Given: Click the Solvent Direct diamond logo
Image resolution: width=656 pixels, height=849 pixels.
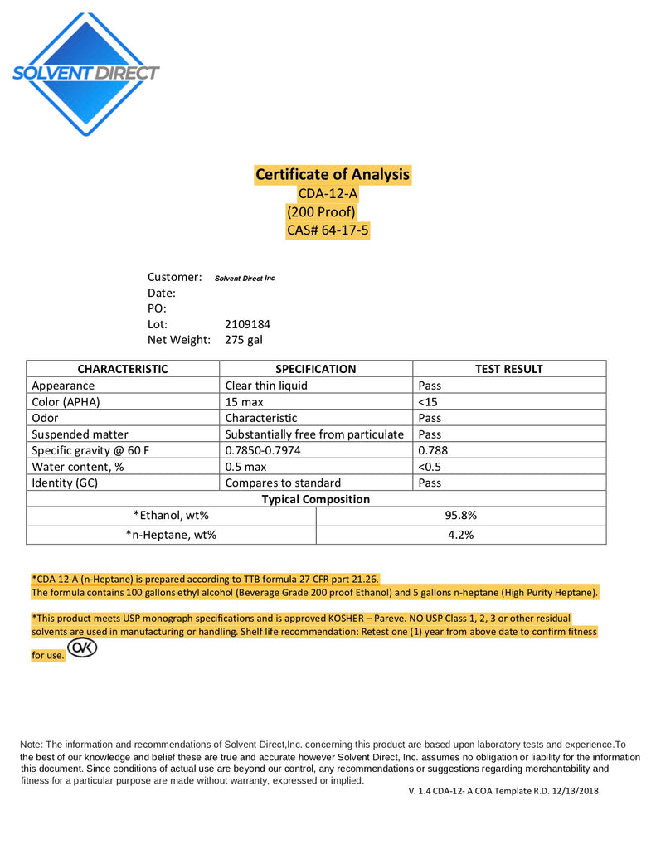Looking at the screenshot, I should [85, 73].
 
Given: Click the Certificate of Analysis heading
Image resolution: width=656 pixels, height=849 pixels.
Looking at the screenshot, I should [332, 174].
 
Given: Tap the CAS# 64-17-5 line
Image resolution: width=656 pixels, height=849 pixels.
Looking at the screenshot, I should [328, 230].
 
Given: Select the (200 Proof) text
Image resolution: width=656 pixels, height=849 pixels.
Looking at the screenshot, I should [321, 211].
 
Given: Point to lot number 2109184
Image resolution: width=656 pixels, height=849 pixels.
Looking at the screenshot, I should [247, 324].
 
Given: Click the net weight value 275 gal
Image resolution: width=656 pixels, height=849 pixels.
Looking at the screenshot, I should [244, 340].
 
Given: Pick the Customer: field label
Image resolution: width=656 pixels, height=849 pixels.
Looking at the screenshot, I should [175, 277].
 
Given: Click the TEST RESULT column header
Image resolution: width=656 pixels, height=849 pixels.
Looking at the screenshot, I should [508, 369].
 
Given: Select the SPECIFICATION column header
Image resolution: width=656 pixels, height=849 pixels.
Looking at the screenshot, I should [315, 369].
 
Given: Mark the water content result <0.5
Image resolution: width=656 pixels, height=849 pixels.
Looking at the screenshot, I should [429, 467].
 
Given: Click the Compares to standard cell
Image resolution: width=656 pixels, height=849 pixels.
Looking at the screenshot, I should [283, 483].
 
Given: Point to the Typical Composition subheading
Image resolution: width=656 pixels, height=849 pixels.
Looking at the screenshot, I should [315, 499].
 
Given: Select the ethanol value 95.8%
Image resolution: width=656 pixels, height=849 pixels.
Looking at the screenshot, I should [460, 515].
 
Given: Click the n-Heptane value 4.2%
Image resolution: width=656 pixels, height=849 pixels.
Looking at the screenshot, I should [460, 535].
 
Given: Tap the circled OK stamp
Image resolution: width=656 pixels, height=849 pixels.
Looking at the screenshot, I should [82, 648].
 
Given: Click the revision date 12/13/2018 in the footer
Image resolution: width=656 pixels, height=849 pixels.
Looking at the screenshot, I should [573, 791].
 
